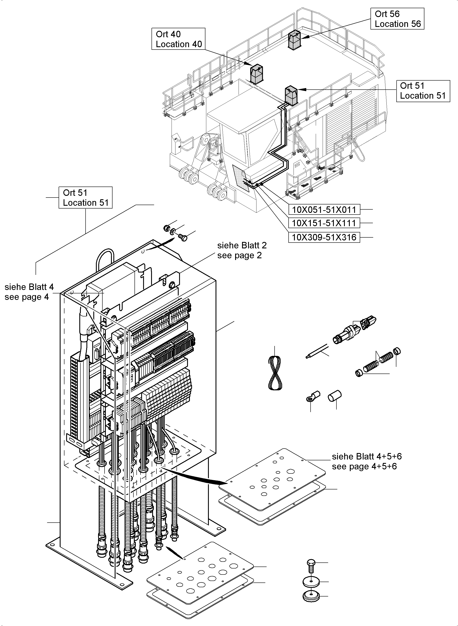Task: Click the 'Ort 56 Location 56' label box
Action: click(397, 19)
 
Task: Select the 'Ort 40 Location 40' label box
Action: click(178, 39)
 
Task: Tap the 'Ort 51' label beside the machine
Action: click(423, 91)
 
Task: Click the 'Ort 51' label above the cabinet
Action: click(85, 198)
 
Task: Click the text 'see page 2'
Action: click(239, 255)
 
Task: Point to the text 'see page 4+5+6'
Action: click(364, 467)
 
